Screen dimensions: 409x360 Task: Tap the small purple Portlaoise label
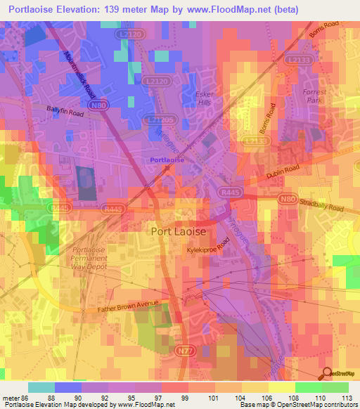point(167,160)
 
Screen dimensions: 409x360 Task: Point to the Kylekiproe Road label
point(208,249)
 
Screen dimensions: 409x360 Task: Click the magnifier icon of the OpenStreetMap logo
point(328,374)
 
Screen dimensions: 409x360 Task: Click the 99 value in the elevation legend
point(185,398)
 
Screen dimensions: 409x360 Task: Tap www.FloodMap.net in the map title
point(229,9)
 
